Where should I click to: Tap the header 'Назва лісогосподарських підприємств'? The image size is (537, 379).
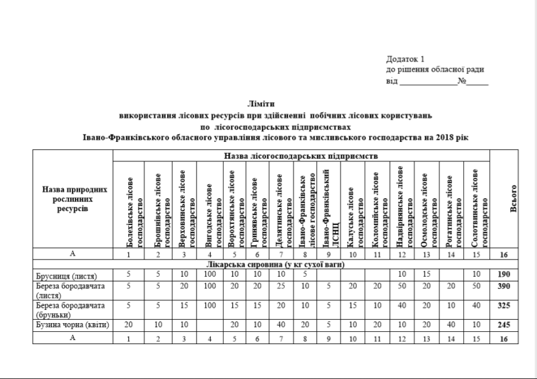tap(301, 155)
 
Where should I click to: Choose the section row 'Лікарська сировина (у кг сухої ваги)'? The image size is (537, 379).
tap(301, 265)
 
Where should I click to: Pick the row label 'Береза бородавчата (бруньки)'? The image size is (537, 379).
tap(64, 310)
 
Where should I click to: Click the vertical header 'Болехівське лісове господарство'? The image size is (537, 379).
tap(128, 204)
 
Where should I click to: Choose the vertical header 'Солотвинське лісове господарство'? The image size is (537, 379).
tap(476, 204)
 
